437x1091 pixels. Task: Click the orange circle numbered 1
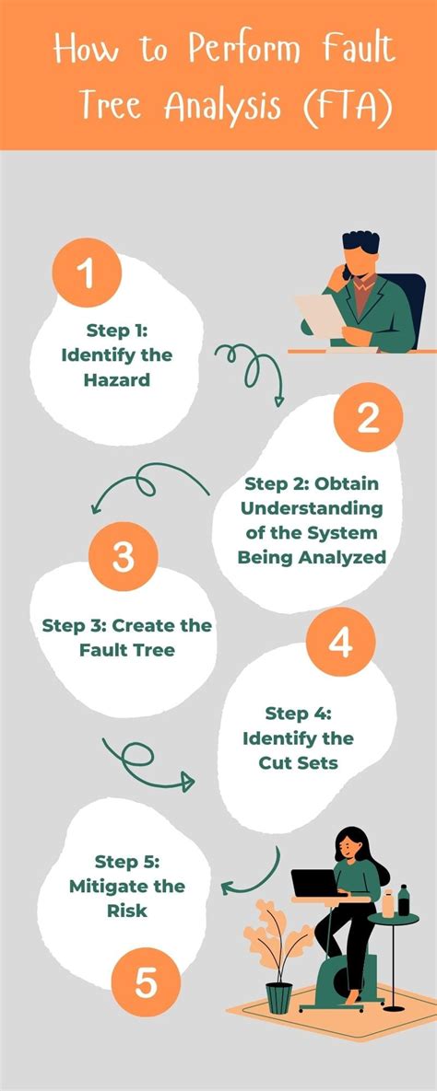point(87,273)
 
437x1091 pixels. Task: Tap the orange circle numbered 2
point(368,417)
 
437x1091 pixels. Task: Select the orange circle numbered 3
point(124,557)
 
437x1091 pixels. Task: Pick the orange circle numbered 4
point(341,643)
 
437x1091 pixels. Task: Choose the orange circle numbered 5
point(146,982)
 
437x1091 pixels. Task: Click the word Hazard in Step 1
point(117,380)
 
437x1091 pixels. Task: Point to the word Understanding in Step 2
point(312,508)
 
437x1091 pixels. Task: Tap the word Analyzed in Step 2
point(347,557)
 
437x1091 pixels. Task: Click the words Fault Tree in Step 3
point(127,650)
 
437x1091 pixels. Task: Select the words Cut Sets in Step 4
point(299,762)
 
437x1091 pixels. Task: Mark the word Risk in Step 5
point(127,911)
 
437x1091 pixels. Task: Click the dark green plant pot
point(278,998)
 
